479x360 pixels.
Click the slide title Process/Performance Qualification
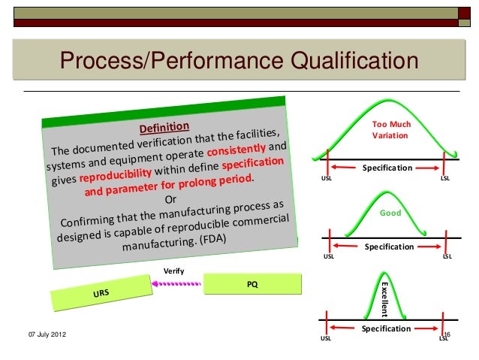[238, 59]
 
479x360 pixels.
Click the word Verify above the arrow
[173, 271]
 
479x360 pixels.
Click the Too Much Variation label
[389, 131]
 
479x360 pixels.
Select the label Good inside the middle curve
[389, 213]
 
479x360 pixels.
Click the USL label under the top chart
[326, 179]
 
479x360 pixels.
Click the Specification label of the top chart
[387, 168]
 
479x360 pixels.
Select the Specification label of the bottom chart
[386, 328]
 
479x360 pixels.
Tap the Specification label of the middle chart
[389, 247]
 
